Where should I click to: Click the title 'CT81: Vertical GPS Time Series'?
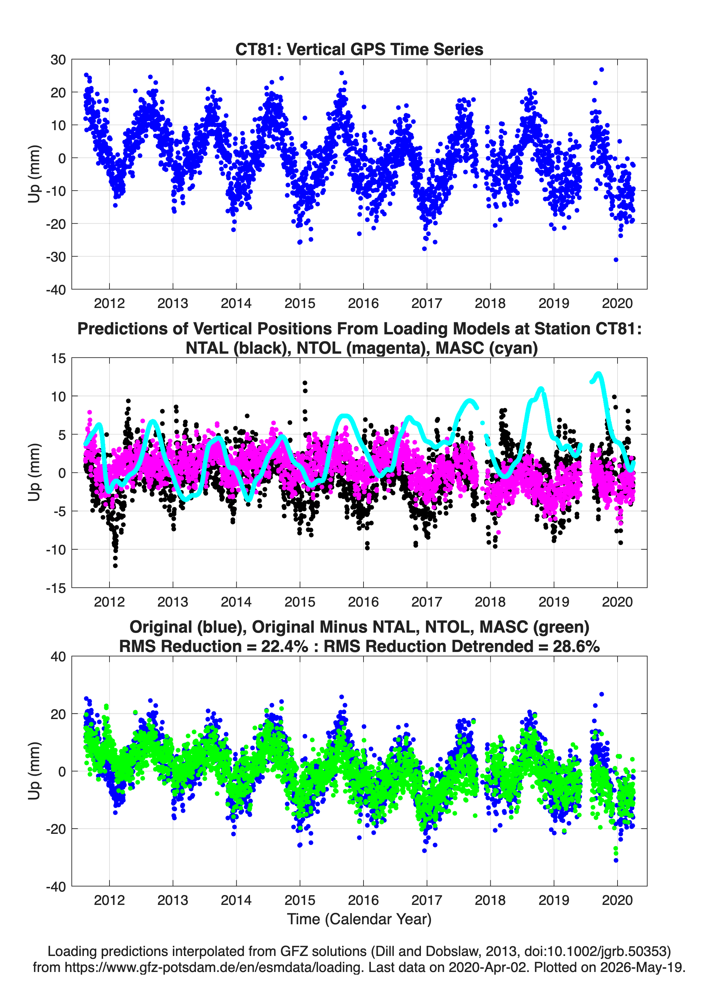click(359, 49)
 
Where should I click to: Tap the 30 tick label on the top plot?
click(58, 60)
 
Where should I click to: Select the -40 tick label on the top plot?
click(56, 290)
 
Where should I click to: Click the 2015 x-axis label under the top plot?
click(300, 303)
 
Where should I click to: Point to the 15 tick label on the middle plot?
click(58, 358)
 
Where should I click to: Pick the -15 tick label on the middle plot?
click(56, 588)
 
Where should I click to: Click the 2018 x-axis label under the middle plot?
click(490, 602)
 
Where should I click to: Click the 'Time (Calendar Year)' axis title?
click(359, 918)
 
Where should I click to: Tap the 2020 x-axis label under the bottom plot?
click(617, 900)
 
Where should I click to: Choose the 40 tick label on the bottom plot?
click(58, 657)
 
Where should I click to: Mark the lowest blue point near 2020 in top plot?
click(616, 260)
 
